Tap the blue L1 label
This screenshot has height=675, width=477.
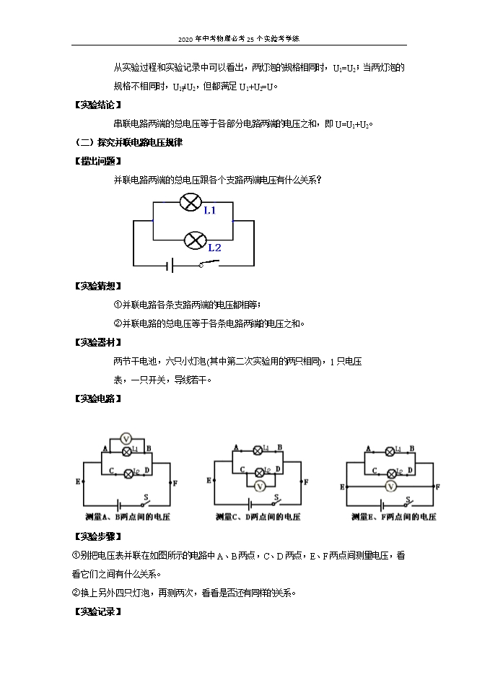pyautogui.click(x=209, y=210)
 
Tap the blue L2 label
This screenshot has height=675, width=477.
pyautogui.click(x=214, y=248)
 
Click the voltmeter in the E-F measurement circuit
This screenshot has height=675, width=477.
pyautogui.click(x=390, y=487)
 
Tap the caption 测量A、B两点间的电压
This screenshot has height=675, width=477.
pyautogui.click(x=128, y=517)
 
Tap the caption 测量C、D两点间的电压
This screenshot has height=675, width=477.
pyautogui.click(x=258, y=517)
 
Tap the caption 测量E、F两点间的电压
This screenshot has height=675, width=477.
pyautogui.click(x=393, y=517)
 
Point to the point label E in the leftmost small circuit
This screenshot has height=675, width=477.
pyautogui.click(x=77, y=480)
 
